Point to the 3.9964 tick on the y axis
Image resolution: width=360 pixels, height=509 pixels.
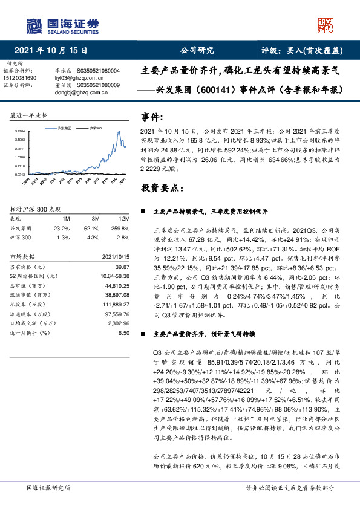(x=19, y=131)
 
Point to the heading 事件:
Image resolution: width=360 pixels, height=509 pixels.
(x=152, y=116)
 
